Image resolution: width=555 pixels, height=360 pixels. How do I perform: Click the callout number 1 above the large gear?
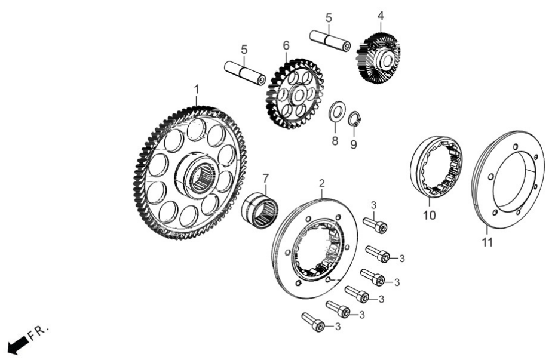point(197,90)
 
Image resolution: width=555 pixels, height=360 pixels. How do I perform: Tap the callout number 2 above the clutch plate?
point(321,183)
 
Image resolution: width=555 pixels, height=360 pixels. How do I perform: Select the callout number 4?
point(381,16)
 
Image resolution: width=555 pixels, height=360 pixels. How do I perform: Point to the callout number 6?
point(286,45)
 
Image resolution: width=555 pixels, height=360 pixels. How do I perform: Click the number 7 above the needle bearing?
point(265,179)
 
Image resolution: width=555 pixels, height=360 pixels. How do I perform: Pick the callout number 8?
point(335,141)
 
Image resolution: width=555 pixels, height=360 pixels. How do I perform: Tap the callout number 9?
point(354,144)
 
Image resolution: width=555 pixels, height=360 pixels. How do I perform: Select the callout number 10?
point(430,215)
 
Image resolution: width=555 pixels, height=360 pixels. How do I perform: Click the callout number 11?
point(487,242)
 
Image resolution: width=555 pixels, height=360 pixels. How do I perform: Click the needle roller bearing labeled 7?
point(259,211)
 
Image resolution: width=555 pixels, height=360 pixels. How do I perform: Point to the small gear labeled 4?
point(379,58)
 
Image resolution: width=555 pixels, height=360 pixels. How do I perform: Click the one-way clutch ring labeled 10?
point(437,166)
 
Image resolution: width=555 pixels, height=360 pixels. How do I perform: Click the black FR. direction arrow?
point(18,344)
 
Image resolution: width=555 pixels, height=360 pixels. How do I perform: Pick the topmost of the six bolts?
point(375,224)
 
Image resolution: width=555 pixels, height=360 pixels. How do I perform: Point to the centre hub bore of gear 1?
point(203,176)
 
